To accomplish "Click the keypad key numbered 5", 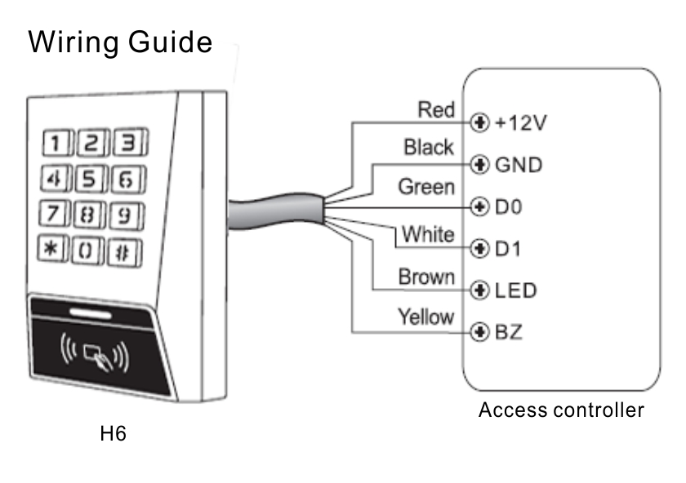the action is point(91,179).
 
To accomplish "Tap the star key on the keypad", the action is point(53,249).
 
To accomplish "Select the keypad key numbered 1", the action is point(57,143).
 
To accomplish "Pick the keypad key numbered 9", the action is point(127,215).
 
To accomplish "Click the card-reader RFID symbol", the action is point(94,352).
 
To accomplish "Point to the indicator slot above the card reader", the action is point(91,313).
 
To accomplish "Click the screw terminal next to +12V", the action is point(479,122).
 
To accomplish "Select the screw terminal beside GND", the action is point(479,164).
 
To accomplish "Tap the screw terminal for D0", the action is point(479,206).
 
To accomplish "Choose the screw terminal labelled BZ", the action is point(479,332).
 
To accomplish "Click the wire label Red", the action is point(436,109).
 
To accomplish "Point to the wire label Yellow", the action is point(426,317).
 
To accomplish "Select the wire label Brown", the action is point(426,277).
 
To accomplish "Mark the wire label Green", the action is point(426,187).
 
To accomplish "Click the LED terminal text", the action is point(516,290).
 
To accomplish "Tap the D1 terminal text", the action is point(508,249).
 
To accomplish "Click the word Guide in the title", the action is point(170,43).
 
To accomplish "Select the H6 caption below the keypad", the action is point(113,433).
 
